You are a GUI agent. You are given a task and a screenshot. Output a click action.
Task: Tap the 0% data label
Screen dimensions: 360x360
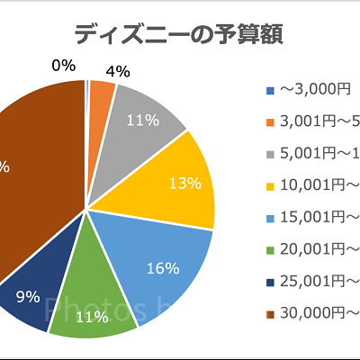coord(63,66)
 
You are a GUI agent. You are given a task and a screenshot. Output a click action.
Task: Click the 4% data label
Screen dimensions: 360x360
coord(118,70)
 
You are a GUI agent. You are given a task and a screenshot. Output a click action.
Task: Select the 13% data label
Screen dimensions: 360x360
coord(184,183)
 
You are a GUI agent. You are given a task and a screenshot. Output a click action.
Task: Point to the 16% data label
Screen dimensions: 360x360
coord(163,268)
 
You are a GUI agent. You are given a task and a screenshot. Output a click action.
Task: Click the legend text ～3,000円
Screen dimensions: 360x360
coord(314,90)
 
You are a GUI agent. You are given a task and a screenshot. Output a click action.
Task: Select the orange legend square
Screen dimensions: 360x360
coord(271,122)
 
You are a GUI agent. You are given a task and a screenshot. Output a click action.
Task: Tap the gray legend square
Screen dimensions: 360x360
coord(271,154)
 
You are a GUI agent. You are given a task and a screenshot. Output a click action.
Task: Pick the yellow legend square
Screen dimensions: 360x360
coord(271,186)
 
